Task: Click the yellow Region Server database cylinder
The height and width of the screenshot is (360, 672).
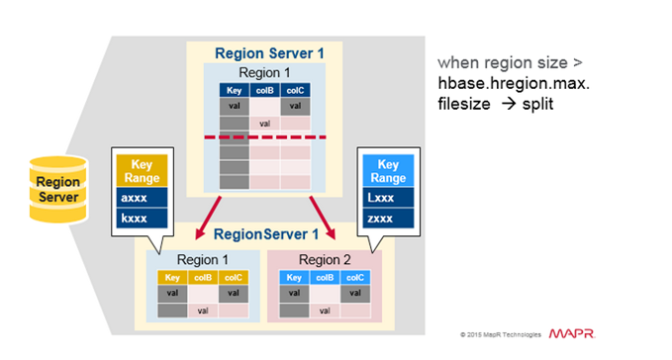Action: tap(58, 189)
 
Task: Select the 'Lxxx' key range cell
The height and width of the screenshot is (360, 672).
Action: tap(386, 197)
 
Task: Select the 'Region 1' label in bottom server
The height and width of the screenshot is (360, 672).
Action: tap(204, 260)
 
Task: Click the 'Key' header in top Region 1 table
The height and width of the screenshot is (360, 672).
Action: tap(235, 90)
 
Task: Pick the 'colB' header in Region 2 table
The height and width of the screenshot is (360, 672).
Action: tap(323, 278)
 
